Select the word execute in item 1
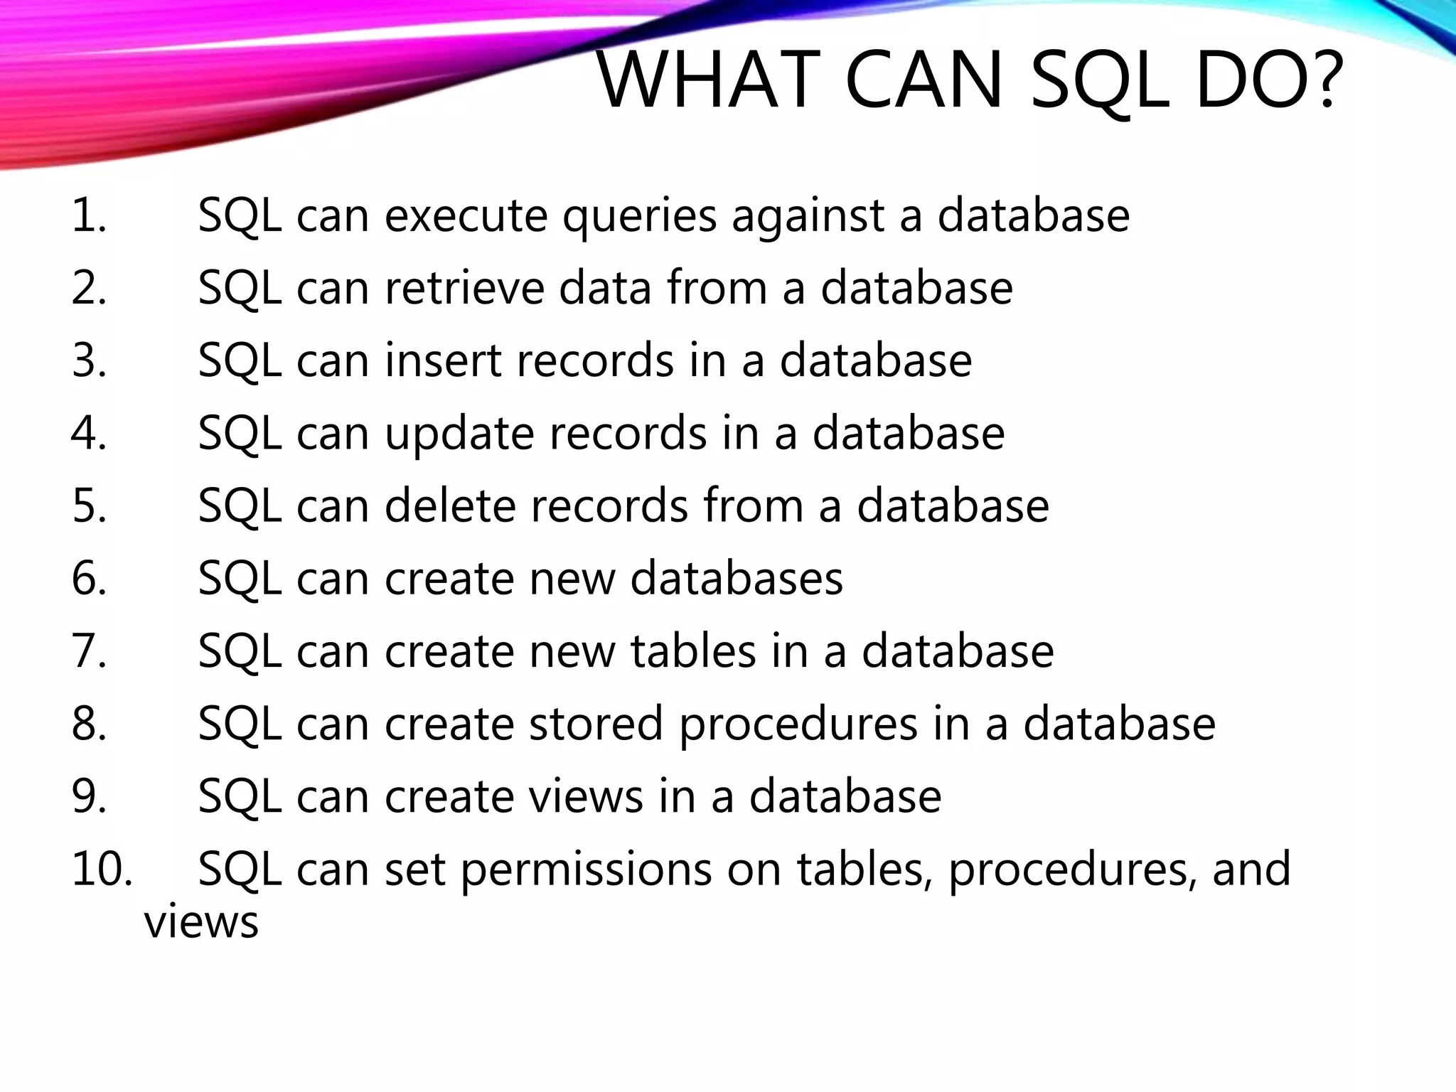coord(466,215)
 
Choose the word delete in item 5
coord(449,505)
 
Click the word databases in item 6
coord(736,578)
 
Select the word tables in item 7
coord(693,651)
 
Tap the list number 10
coord(101,869)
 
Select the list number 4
coord(89,433)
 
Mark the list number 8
coord(89,723)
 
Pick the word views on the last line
coord(201,923)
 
